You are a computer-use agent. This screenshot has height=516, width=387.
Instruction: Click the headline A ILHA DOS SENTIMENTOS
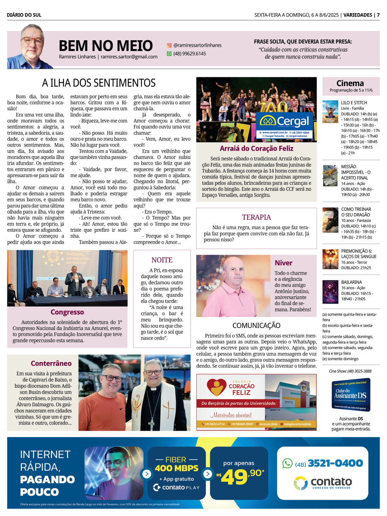[99, 83]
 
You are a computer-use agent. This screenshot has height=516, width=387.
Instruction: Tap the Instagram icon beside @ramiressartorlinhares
[169, 45]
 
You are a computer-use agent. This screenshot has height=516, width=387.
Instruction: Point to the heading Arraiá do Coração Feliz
[256, 149]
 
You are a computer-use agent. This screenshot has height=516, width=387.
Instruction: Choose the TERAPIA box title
[256, 217]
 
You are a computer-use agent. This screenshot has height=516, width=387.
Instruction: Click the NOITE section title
[162, 260]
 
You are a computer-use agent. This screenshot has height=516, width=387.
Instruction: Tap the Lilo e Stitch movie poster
[330, 112]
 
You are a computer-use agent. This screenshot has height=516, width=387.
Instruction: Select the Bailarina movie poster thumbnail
[330, 291]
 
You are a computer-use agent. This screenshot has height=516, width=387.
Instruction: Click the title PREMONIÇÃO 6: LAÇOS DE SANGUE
[358, 254]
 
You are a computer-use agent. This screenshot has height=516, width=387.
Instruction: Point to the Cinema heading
[350, 83]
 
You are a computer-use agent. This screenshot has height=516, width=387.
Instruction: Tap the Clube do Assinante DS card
[350, 395]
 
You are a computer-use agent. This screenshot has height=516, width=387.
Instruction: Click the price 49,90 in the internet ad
[240, 477]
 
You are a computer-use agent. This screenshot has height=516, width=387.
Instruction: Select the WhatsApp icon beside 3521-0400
[287, 463]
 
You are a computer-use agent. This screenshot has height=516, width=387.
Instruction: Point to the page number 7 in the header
[378, 15]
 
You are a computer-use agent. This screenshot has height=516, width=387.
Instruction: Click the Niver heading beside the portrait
[283, 263]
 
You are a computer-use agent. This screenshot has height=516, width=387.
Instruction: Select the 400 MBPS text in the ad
[176, 468]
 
